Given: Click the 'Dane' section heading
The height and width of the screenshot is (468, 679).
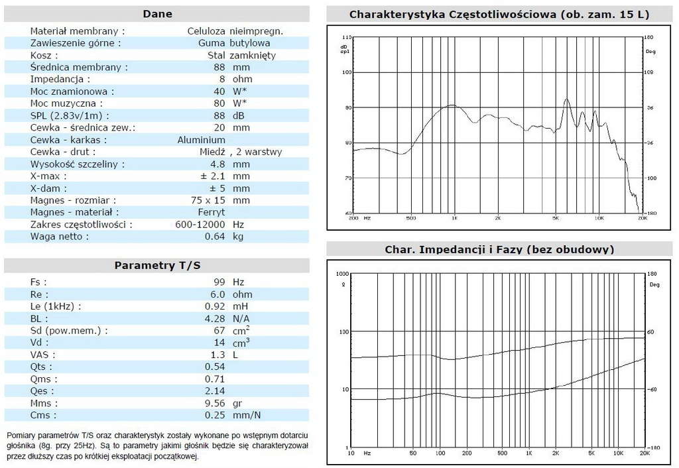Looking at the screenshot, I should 157,14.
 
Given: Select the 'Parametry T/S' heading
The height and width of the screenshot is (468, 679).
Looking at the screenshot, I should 157,265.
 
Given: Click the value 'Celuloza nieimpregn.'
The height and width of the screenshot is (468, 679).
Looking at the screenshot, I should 235,31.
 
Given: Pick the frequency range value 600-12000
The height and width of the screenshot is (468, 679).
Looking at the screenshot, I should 202,224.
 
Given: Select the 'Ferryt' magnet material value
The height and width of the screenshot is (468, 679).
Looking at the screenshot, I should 212,212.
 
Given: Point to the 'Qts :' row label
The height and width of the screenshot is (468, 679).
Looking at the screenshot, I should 41,367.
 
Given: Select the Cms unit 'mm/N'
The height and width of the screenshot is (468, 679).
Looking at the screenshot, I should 246,415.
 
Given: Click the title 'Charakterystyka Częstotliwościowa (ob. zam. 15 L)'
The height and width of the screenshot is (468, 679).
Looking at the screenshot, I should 499,14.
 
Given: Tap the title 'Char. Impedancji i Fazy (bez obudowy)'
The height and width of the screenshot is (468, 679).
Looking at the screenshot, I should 499,249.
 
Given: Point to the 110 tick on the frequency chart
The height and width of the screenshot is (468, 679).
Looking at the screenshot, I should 345,37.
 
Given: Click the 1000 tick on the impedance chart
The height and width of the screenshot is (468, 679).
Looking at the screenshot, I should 341,273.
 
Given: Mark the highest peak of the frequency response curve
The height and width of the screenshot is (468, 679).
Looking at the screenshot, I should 566,99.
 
